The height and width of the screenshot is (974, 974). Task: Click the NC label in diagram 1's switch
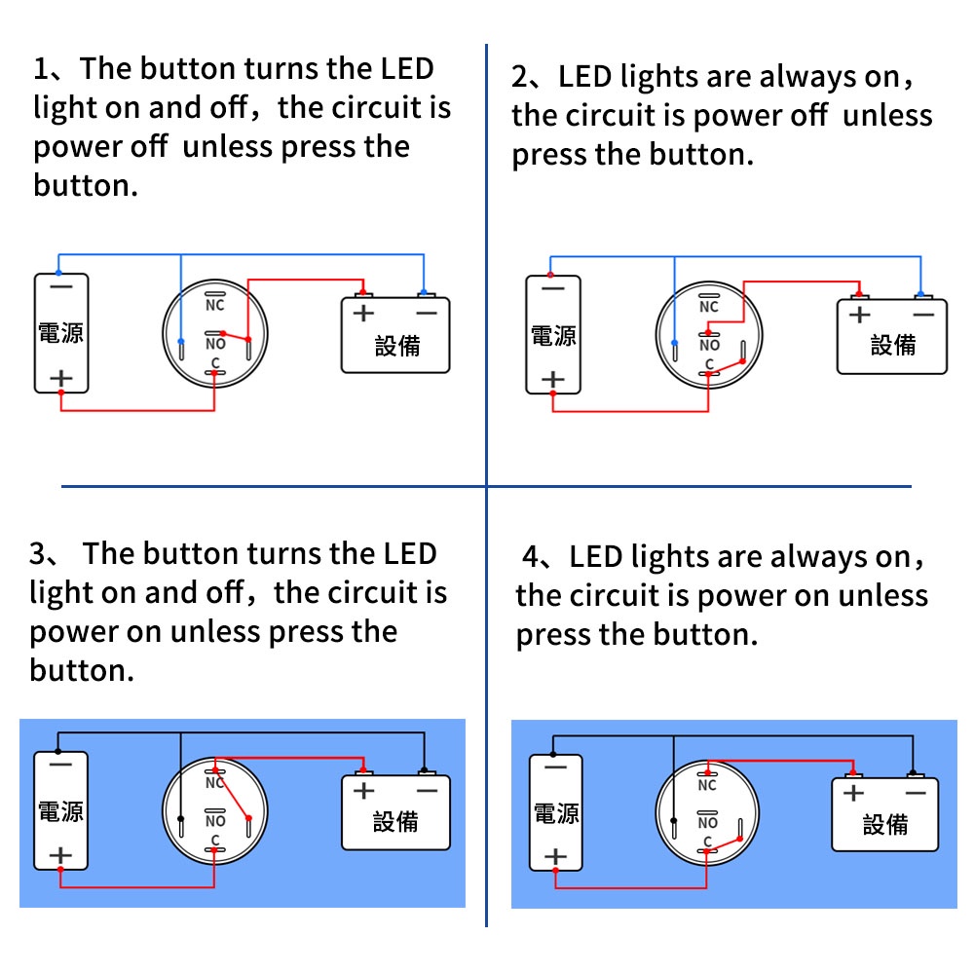pyautogui.click(x=215, y=306)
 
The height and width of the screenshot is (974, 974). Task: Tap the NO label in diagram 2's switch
pyautogui.click(x=710, y=345)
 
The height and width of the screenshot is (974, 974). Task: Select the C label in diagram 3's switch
pyautogui.click(x=215, y=840)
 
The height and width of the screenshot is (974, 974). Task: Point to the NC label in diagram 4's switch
pyautogui.click(x=707, y=785)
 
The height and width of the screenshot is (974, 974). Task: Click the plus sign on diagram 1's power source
pyautogui.click(x=60, y=377)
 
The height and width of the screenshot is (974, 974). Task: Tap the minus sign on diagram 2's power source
pyautogui.click(x=553, y=289)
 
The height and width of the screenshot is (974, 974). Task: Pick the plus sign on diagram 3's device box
pyautogui.click(x=363, y=790)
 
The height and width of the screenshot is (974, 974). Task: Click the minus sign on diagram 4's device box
pyautogui.click(x=915, y=793)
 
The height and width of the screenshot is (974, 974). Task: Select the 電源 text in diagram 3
pyautogui.click(x=60, y=811)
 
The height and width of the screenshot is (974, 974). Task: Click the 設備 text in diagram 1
pyautogui.click(x=397, y=346)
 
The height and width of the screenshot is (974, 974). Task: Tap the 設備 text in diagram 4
pyautogui.click(x=885, y=824)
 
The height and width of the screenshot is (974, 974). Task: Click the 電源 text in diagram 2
pyautogui.click(x=553, y=336)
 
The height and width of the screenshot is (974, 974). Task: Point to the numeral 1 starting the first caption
pyautogui.click(x=40, y=69)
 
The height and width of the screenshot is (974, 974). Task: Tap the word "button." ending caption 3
pyautogui.click(x=82, y=671)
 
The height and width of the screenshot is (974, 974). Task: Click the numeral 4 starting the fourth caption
pyautogui.click(x=531, y=558)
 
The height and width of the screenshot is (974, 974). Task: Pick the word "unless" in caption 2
pyautogui.click(x=887, y=116)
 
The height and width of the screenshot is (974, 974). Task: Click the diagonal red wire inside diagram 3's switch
pyautogui.click(x=235, y=790)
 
